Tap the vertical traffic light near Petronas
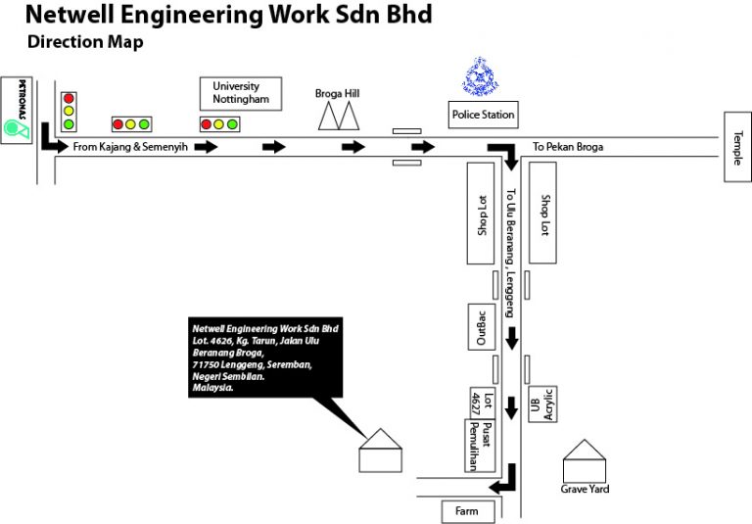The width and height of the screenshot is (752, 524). pos(69,112)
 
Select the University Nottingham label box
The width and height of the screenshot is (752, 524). pos(241,94)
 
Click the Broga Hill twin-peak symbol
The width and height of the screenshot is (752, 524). pos(338,118)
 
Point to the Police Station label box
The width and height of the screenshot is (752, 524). pos(483,115)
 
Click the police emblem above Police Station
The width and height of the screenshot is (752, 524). pos(480,76)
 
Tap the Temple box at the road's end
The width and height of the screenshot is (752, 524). pos(736,147)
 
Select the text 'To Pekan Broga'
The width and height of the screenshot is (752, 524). pos(568,148)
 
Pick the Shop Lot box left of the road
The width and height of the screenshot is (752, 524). pos(481,214)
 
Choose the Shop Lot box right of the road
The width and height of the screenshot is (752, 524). pos(544,214)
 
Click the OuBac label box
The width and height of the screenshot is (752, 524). pos(481,326)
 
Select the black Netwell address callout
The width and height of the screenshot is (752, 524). pos(264,356)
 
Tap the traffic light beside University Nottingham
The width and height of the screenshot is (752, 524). pos(219,124)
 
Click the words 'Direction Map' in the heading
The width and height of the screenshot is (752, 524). pos(85,42)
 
